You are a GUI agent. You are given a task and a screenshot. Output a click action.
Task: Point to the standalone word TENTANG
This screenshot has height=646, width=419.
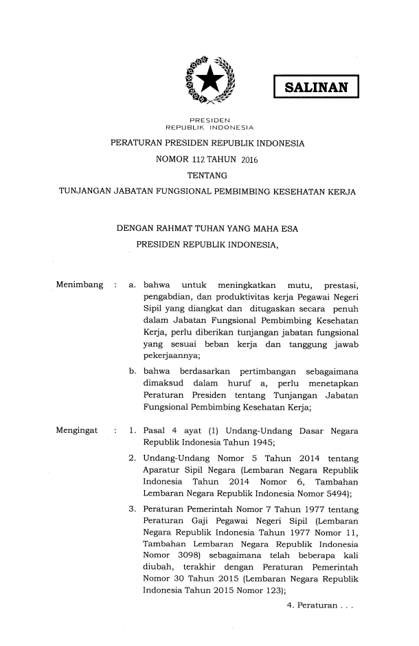(x=208, y=176)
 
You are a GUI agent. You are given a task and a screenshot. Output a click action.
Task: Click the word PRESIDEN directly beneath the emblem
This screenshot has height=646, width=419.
(x=209, y=119)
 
